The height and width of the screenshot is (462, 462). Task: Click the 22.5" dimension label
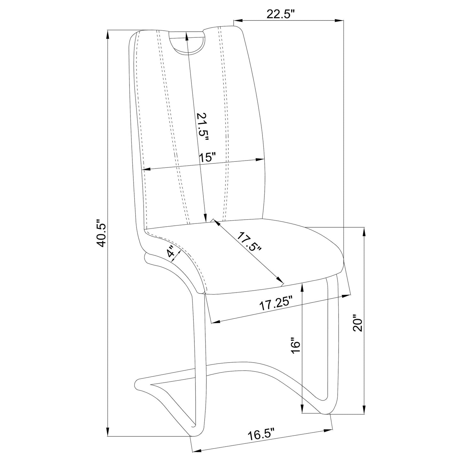pos(280,14)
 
